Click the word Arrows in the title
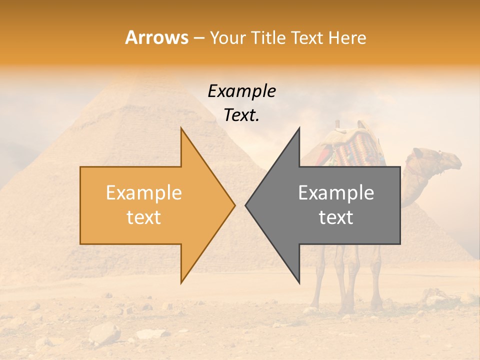(157, 37)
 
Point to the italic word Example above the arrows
(241, 91)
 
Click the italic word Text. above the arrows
(241, 115)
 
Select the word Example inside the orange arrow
(144, 192)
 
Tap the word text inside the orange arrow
(144, 217)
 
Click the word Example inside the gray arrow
(336, 192)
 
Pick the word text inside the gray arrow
(336, 217)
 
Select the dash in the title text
(198, 38)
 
